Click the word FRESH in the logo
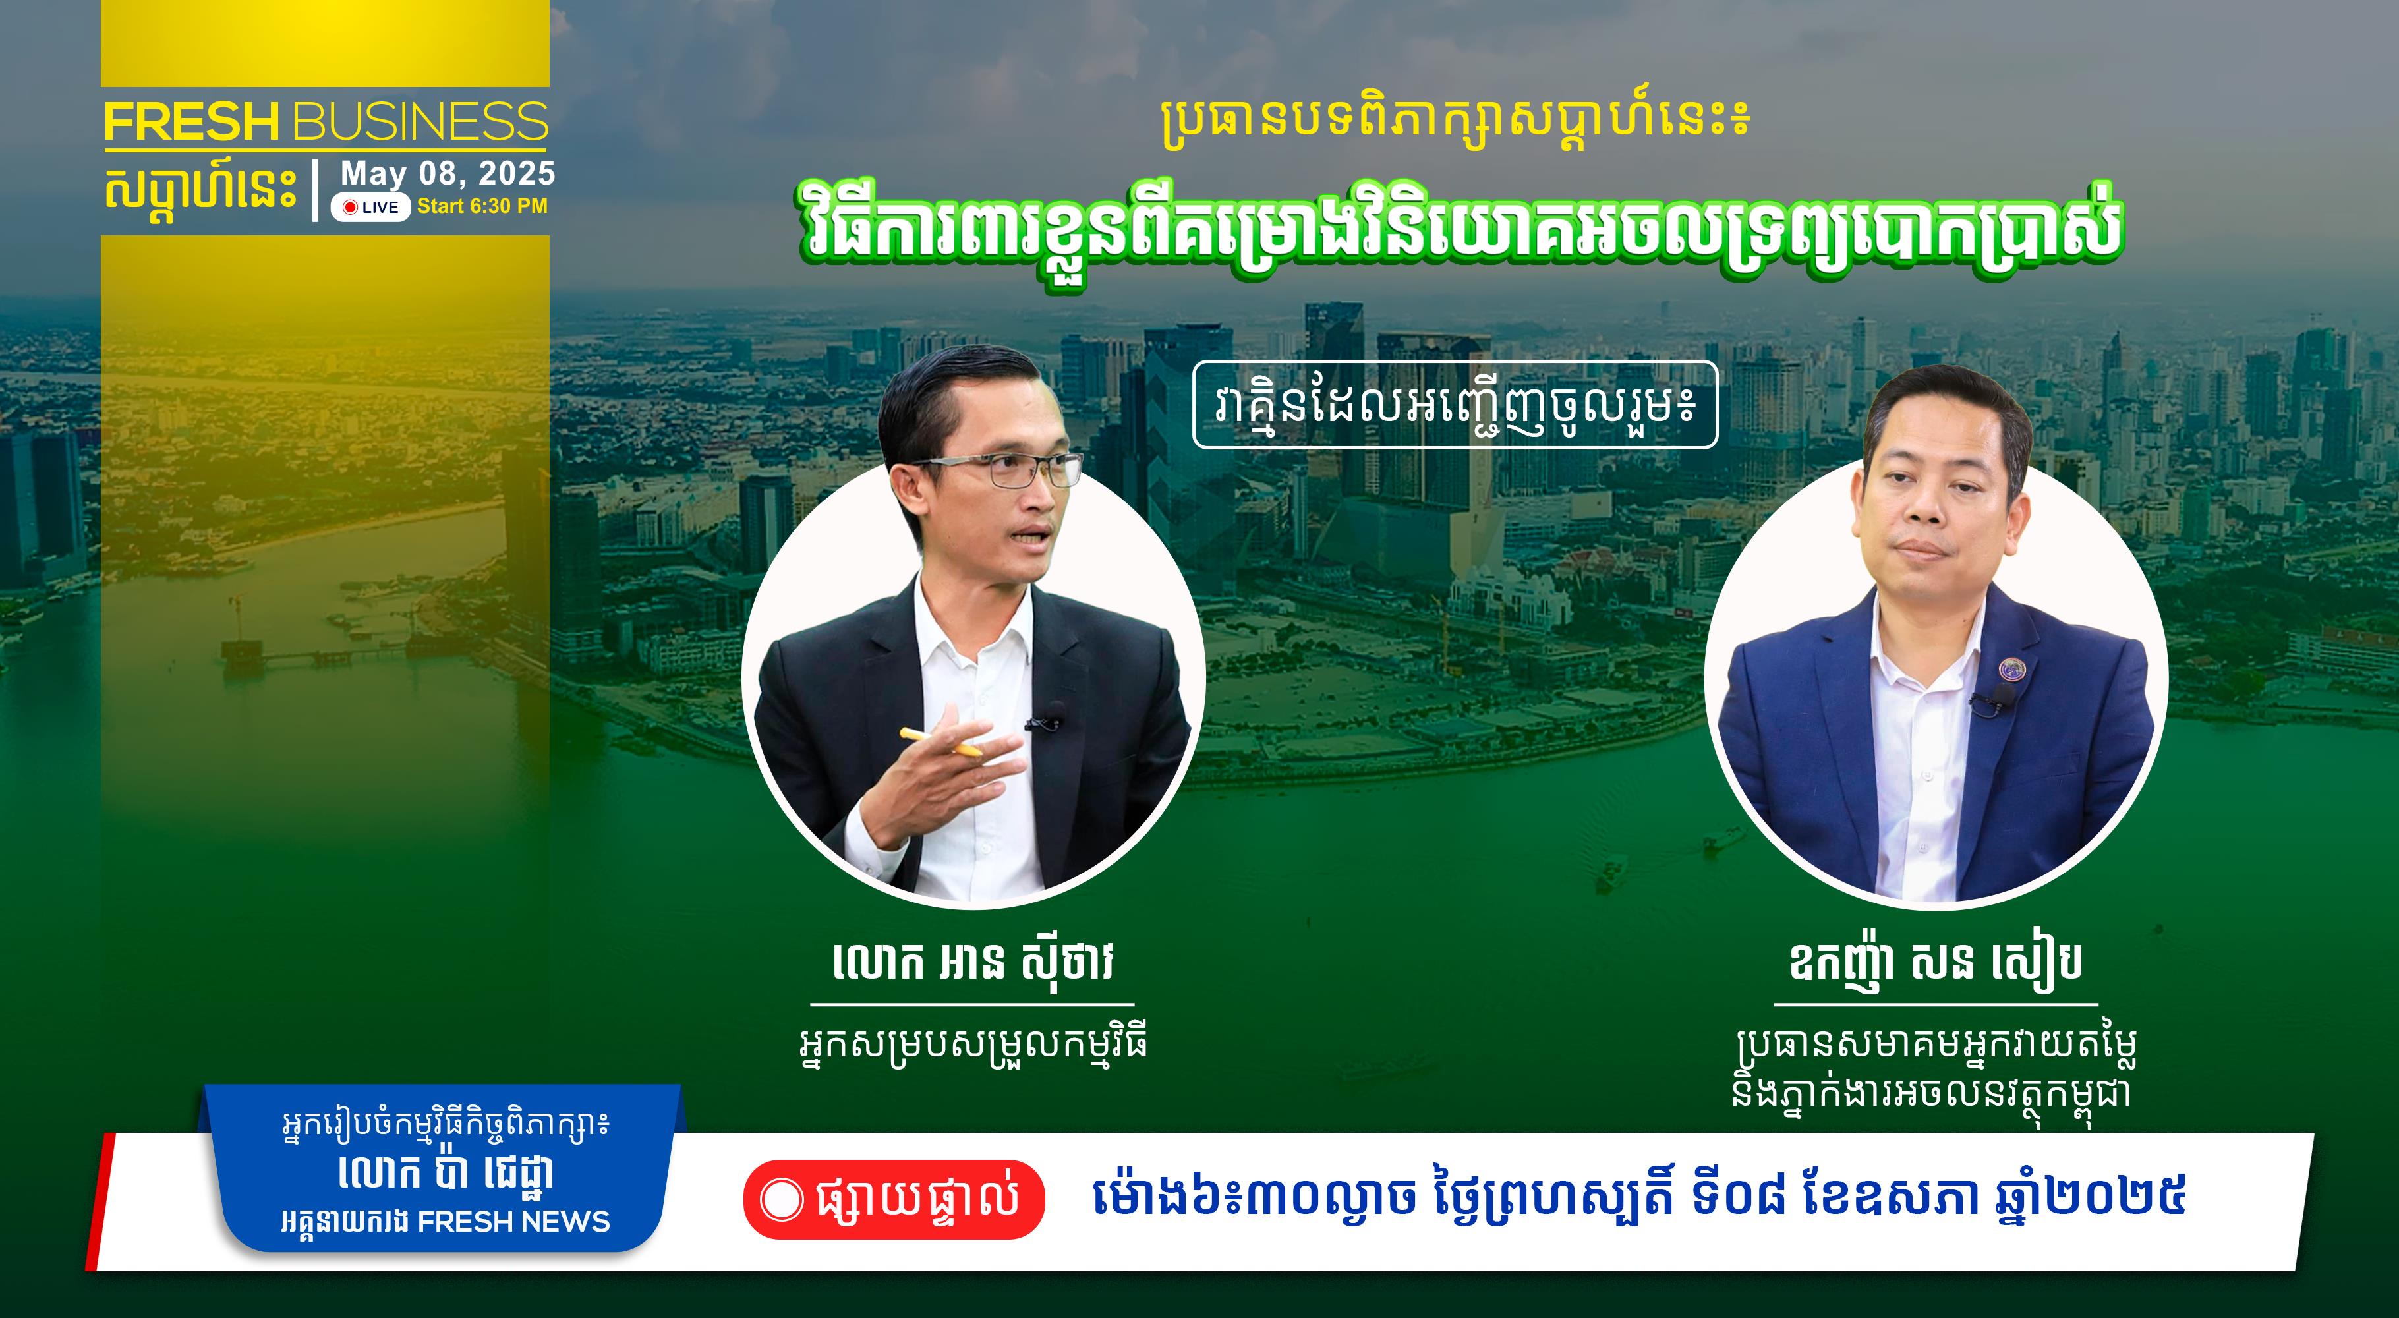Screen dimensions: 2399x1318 coord(192,121)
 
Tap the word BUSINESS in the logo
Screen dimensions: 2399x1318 coord(420,121)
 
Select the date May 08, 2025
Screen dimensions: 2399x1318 coord(448,174)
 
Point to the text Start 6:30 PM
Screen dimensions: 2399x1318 coord(482,206)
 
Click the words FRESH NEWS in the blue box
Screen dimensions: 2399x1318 coord(513,1221)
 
